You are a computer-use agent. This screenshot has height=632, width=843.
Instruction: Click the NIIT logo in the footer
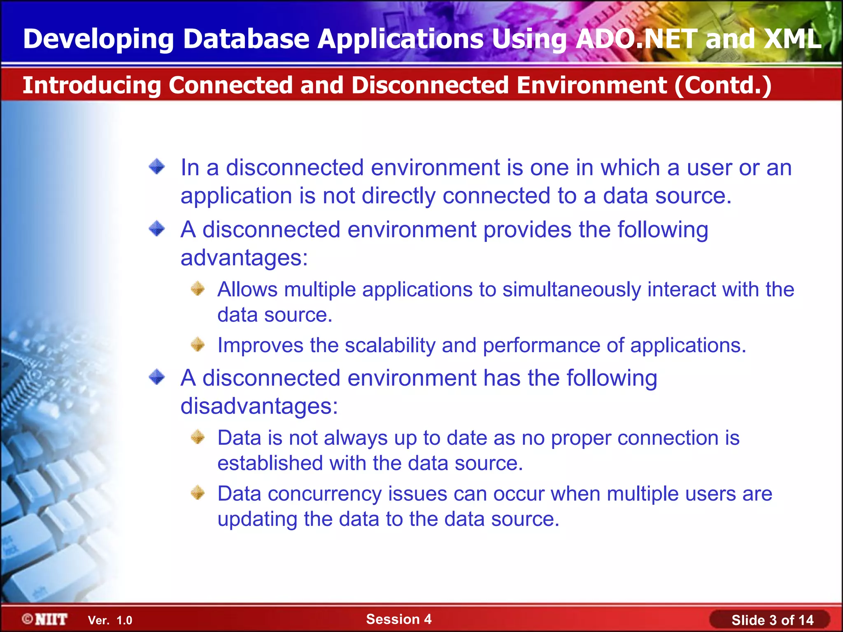coord(45,619)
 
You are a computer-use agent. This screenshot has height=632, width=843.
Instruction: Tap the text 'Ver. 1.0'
coord(110,620)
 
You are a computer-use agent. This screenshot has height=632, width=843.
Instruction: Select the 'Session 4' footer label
coord(398,619)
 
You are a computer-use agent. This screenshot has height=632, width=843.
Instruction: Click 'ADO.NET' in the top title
coord(636,39)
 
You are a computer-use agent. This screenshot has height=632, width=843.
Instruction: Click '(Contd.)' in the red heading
coord(722,85)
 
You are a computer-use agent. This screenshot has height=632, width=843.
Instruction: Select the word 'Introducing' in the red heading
coord(91,85)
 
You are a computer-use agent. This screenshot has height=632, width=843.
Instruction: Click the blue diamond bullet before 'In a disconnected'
coord(157,167)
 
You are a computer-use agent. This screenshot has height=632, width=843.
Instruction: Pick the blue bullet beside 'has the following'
coord(157,377)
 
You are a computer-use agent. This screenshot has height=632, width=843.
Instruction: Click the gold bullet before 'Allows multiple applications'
coord(198,288)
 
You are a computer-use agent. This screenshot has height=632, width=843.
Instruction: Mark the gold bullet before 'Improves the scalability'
coord(198,344)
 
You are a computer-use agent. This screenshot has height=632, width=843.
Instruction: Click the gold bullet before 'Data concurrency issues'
coord(198,493)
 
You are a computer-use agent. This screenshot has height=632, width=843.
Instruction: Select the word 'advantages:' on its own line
coord(244,258)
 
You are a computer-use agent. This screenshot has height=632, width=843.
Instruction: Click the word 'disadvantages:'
coord(259,406)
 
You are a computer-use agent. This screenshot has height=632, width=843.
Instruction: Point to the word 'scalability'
coord(390,345)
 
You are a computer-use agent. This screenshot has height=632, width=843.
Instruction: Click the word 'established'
coord(270,463)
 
